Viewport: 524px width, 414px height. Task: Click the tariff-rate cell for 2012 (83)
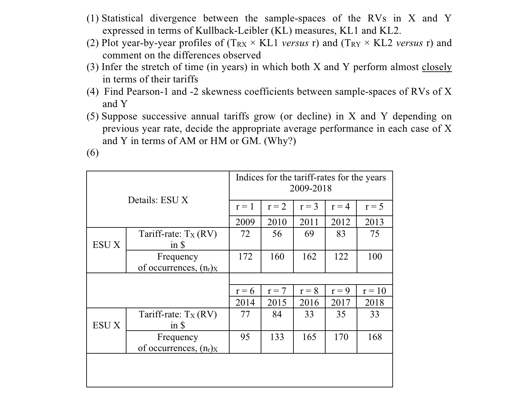coord(341,234)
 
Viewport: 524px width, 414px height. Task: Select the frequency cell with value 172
coord(245,257)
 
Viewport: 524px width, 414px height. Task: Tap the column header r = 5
coord(374,207)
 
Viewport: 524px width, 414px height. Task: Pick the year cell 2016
coord(309,302)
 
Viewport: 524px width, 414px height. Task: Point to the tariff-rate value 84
coord(277,314)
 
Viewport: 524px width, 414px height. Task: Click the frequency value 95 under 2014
coord(245,337)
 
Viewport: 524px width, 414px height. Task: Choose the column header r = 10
coord(374,290)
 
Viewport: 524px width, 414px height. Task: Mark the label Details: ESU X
coord(158,200)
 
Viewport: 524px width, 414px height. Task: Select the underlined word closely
coord(436,67)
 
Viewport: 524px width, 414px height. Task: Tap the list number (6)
coord(93,152)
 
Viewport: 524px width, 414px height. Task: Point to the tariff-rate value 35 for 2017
coord(341,314)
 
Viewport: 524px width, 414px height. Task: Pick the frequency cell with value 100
coord(375,257)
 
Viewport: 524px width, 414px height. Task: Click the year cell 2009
coord(245,222)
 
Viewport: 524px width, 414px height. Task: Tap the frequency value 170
coord(341,337)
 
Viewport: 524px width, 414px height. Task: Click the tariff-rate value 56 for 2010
coord(277,234)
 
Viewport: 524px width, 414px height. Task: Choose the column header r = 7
coord(277,290)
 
